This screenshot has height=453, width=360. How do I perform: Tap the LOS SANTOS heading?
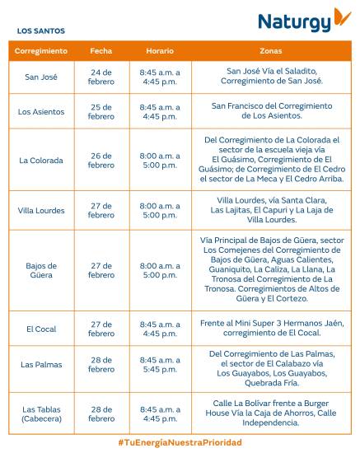[x=40, y=31]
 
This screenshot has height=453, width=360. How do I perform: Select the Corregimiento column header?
[x=40, y=51]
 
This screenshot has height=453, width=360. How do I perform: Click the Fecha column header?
[x=101, y=51]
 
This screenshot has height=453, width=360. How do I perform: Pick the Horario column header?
[x=160, y=51]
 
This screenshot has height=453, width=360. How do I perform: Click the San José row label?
[x=40, y=77]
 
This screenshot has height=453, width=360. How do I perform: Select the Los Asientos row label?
[x=40, y=111]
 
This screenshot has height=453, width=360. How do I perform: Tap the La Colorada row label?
[x=40, y=161]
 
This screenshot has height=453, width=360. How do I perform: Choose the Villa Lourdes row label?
[x=40, y=211]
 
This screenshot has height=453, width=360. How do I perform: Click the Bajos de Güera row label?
[x=40, y=270]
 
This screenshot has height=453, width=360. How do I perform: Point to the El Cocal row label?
[x=40, y=329]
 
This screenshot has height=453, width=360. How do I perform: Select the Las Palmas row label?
[x=40, y=365]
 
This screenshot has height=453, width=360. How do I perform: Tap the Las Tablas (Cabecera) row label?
[x=40, y=413]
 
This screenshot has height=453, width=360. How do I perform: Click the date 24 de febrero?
[x=101, y=77]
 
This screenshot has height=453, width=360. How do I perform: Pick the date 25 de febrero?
[x=101, y=111]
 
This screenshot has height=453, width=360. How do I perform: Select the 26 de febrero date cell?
[x=101, y=161]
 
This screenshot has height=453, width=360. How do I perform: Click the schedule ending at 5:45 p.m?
[x=160, y=365]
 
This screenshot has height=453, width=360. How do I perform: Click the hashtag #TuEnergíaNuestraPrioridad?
[x=180, y=443]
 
